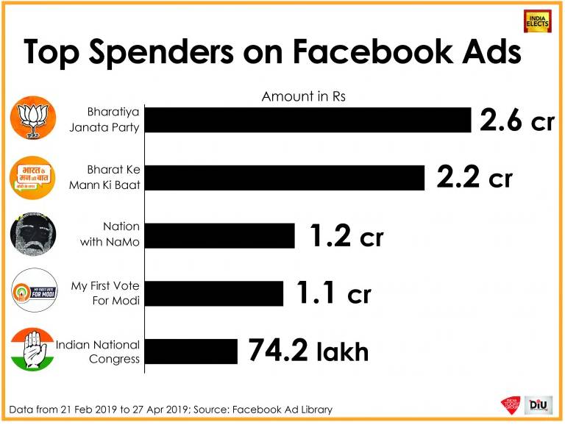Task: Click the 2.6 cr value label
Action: point(516,120)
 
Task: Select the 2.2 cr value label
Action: point(474,177)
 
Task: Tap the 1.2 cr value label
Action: point(346,235)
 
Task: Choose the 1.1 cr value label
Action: point(333,293)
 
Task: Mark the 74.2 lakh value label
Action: point(308,351)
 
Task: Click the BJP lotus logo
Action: point(32,118)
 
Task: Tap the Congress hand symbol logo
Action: point(32,350)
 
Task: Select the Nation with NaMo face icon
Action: point(32,235)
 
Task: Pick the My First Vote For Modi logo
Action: point(32,293)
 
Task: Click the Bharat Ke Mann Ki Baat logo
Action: point(32,177)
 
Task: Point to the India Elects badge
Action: point(537,21)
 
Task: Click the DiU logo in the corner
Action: point(539,406)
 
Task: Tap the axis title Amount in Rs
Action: point(303,96)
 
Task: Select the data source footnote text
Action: point(171,409)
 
